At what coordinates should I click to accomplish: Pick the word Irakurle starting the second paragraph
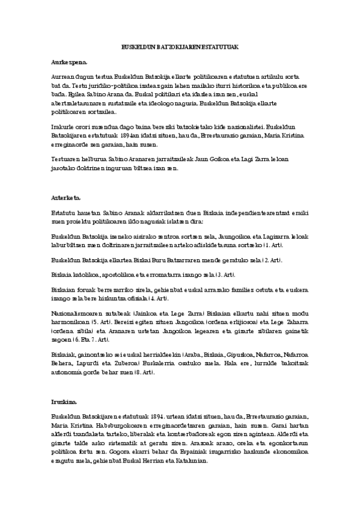[63, 127]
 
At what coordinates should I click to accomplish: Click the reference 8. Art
[146, 372]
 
